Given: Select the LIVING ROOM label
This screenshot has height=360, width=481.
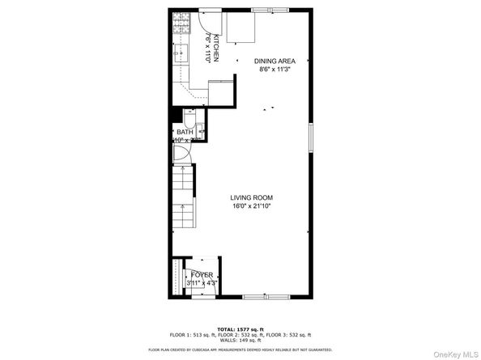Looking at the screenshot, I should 251,197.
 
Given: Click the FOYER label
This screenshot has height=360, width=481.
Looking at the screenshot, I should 202,275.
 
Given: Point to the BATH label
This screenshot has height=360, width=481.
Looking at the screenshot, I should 185,132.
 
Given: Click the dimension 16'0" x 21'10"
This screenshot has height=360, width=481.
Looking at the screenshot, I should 251,206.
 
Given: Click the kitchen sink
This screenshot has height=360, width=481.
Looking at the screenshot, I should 180,56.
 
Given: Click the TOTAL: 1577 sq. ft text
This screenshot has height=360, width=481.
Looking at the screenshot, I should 240,328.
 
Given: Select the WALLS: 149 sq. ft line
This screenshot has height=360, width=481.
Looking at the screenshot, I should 240,340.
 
